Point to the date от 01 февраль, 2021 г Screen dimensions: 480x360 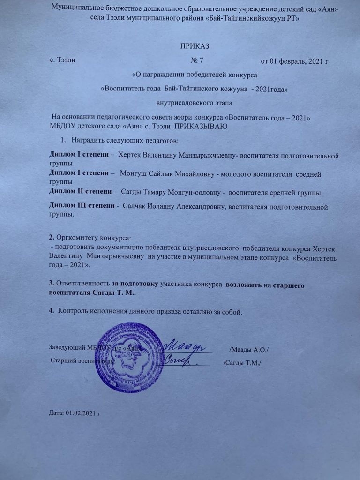[294, 60]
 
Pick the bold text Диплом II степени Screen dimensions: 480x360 [83, 192]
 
